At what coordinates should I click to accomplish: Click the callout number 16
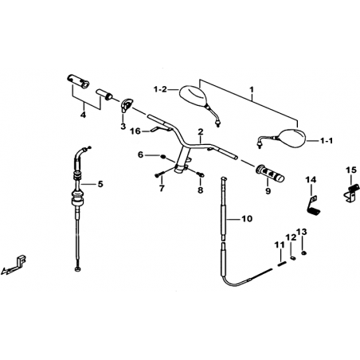pos(135,131)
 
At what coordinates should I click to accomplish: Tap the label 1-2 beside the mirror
pos(160,89)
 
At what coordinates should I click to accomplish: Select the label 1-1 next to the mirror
pos(326,141)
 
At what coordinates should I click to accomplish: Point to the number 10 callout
pos(247,219)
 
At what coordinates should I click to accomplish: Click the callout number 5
pos(100,184)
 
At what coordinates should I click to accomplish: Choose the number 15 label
pos(351,170)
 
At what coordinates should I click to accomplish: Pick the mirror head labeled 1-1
pos(292,138)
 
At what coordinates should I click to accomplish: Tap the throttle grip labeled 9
pos(269,174)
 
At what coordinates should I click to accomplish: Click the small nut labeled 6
pos(163,157)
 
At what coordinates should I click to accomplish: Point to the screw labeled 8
pos(201,174)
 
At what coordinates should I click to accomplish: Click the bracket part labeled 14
pos(314,204)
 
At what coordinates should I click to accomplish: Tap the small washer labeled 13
pos(303,252)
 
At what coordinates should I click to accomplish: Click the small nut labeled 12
pos(293,257)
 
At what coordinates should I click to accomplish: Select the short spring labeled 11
pos(281,264)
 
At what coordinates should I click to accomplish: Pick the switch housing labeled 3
pos(126,106)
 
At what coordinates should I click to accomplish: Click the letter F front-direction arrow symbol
pos(14,264)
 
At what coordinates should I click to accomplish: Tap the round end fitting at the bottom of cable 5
pos(77,269)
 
